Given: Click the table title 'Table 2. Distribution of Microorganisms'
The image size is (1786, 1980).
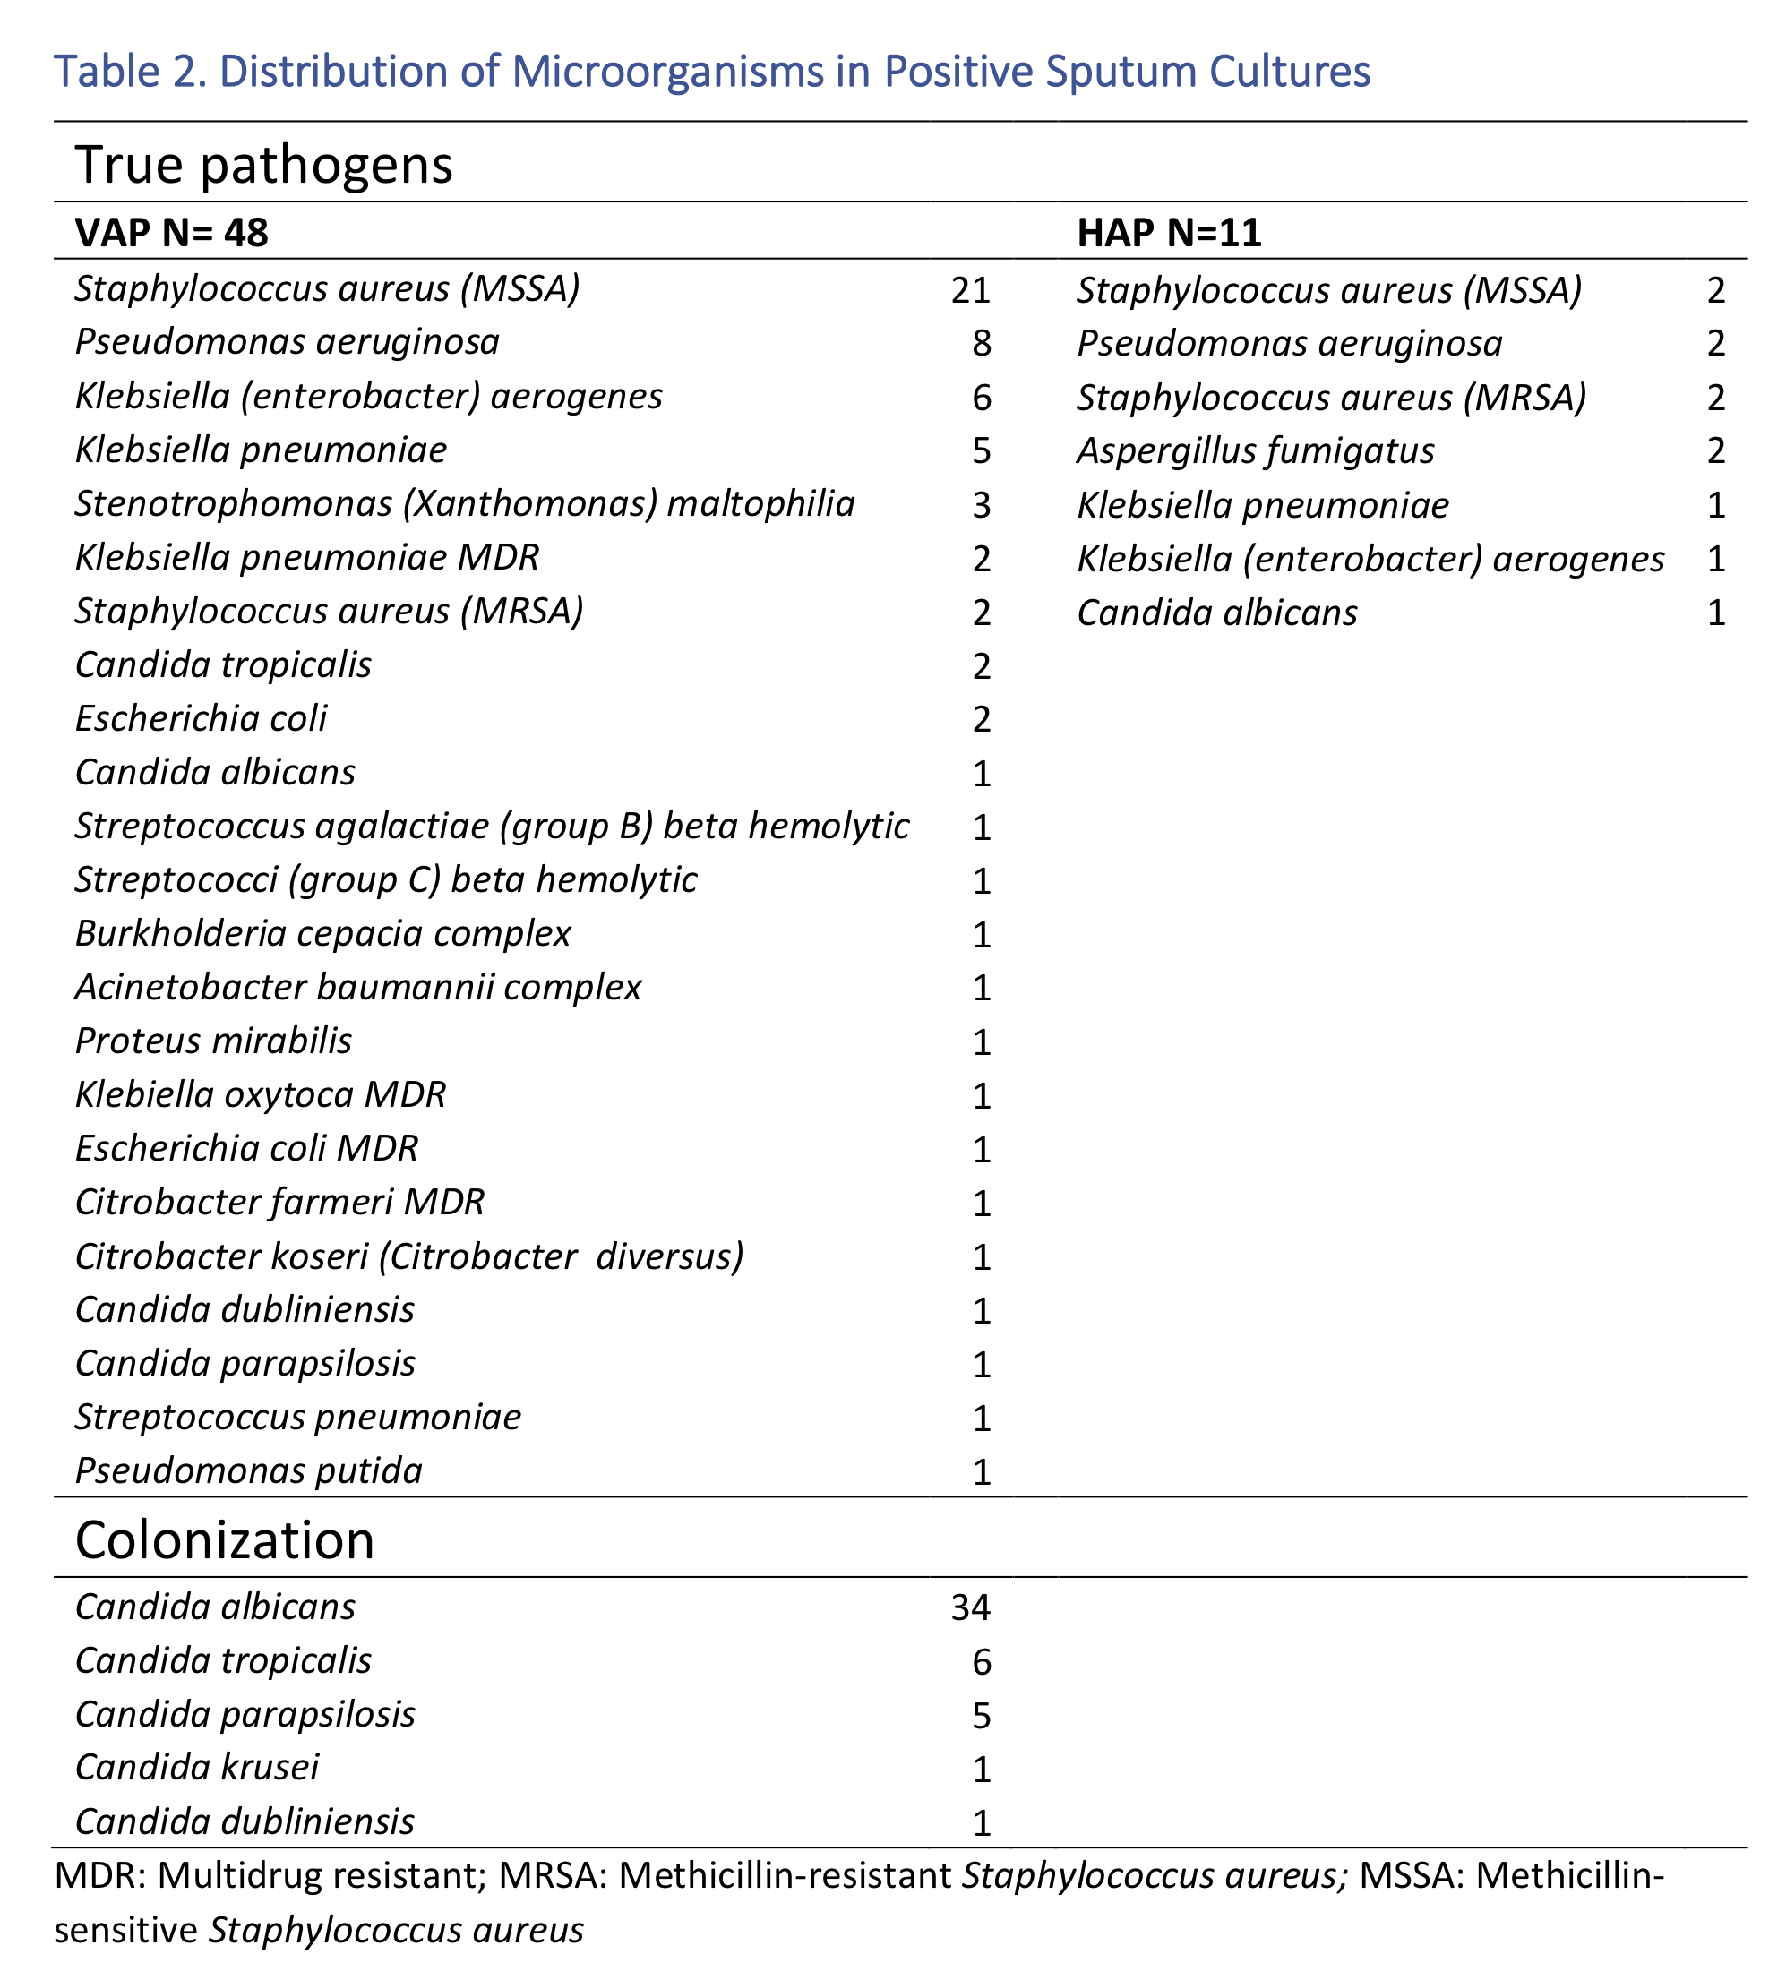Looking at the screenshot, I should pos(711,72).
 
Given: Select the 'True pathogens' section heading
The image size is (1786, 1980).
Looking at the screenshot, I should pos(263,164).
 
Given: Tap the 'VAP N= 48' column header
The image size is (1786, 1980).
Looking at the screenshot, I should pos(172,233).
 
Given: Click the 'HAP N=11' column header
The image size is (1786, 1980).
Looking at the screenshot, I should pos(1169,233).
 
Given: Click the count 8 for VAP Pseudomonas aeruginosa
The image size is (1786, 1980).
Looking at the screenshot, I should pos(981,342).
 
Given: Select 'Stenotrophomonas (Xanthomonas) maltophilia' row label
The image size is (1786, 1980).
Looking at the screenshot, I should pos(464,504).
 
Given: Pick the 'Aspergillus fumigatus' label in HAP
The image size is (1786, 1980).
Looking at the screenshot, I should pos(1255,451).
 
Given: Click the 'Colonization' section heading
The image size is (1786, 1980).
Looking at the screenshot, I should pos(224,1539).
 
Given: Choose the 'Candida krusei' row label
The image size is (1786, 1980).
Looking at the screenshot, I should pos(196,1767).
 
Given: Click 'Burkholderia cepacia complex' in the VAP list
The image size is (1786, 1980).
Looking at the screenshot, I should pos(322,933).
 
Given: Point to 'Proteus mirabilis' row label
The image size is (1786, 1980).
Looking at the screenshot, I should pos(213,1041).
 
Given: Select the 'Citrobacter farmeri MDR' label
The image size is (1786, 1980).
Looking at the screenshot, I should pos(279,1202).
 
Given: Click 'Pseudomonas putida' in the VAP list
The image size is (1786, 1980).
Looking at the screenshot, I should pos(248,1470).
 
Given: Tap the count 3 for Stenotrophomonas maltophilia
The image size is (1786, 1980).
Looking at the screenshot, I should pos(981,505).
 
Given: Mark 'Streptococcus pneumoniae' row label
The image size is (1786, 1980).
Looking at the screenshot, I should pos(297,1417).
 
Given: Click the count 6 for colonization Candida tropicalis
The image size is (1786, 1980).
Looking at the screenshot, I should pos(981,1661).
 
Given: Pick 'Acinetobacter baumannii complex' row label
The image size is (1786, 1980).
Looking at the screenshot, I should pos(358,987).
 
